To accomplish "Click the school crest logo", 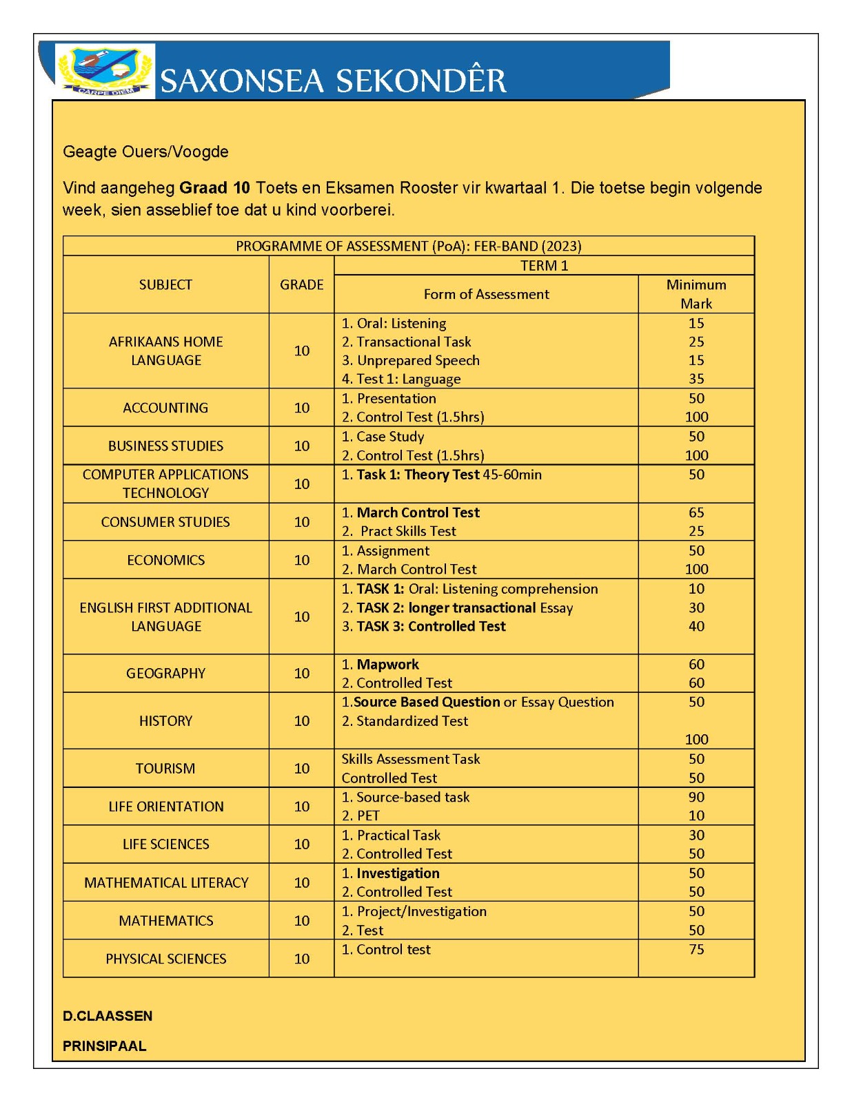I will [x=105, y=71].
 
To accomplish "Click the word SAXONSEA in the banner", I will [x=242, y=81].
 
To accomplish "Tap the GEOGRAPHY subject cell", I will [x=165, y=673].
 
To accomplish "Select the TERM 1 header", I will [x=544, y=266].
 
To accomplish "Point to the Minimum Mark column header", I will [x=696, y=294].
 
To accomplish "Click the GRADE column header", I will [x=301, y=284].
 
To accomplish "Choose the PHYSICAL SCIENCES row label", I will [x=165, y=959].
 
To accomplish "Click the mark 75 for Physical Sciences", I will [x=696, y=949].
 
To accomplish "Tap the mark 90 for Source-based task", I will [x=696, y=797].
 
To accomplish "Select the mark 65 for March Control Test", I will [x=696, y=512].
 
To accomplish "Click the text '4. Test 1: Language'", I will [x=401, y=379].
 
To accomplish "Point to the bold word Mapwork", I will [x=387, y=664].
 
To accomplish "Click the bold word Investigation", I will [x=398, y=873].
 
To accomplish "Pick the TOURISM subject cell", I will [x=165, y=768].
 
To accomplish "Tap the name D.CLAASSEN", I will [x=108, y=1016].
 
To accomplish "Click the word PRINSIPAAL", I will [x=105, y=1046].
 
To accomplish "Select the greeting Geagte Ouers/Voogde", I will [x=145, y=152].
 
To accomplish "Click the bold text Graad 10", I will [x=214, y=188].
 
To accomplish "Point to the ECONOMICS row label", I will [x=165, y=560].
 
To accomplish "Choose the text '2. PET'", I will [x=361, y=815].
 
